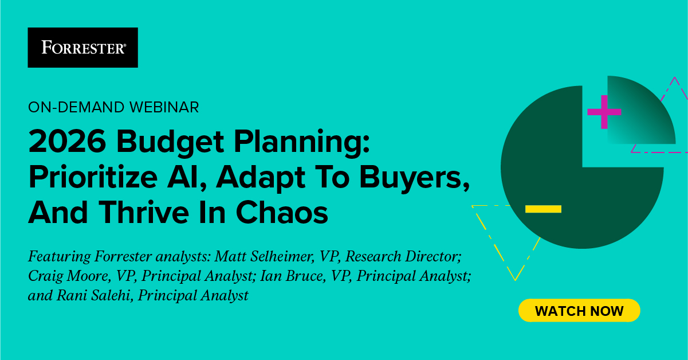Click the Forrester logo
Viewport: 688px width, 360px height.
[83, 48]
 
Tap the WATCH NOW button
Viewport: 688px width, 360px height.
[579, 311]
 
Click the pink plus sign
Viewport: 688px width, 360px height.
[604, 112]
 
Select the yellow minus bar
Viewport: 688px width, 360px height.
[543, 209]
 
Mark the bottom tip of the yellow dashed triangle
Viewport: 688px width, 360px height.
[516, 280]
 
